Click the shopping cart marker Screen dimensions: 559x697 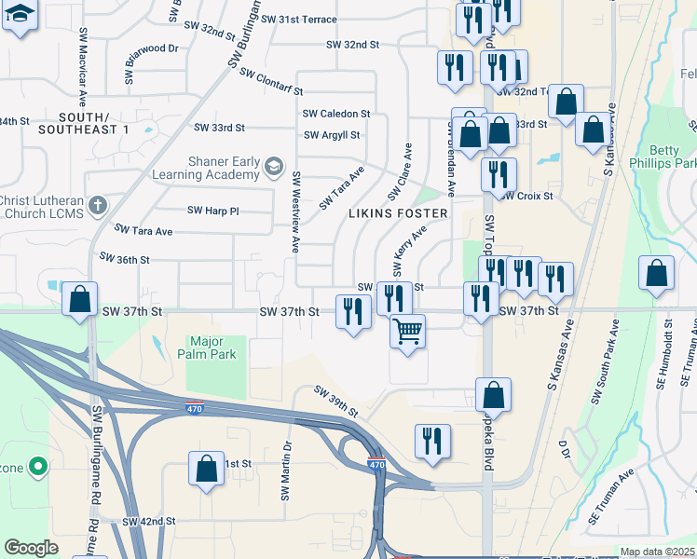coord(407,331)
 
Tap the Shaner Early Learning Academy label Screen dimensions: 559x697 coord(224,168)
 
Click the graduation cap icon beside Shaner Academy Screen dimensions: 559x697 coord(273,168)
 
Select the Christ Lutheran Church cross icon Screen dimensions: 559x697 coord(98,205)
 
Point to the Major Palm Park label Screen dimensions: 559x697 coord(212,348)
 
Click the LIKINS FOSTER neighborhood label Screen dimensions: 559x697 coord(398,213)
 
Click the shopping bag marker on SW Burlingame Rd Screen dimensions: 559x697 coord(79,300)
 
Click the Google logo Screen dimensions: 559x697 coord(31,548)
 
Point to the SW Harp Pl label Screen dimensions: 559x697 coord(213,211)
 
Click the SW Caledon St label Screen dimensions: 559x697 coord(336,114)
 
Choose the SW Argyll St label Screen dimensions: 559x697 coord(332,135)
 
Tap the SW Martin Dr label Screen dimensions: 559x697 coord(286,470)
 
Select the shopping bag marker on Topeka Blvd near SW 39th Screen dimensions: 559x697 coord(493,394)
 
